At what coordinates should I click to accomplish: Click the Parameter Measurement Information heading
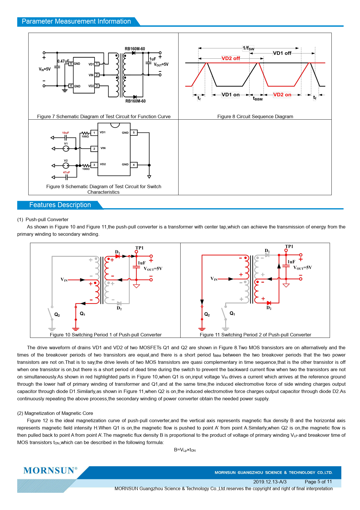(76, 21)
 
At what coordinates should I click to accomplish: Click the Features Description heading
(60, 205)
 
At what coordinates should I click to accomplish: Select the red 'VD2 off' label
(230, 58)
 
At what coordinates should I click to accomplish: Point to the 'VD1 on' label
(230, 95)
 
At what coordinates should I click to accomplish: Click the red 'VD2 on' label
(282, 95)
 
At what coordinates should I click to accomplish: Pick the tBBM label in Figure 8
(258, 99)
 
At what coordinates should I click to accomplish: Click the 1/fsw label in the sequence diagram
(248, 48)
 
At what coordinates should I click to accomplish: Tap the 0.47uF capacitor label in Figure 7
(63, 61)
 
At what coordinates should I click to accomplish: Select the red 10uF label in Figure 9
(66, 133)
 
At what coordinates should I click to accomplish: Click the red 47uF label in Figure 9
(67, 172)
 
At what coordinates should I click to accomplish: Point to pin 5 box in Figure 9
(134, 133)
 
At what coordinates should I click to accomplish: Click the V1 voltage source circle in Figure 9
(66, 149)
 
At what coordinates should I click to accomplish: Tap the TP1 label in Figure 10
(139, 248)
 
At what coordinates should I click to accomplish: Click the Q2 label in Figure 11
(207, 314)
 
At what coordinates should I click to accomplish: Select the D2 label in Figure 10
(119, 308)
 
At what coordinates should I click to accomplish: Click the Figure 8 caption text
(255, 116)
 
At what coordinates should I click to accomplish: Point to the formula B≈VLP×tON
(185, 450)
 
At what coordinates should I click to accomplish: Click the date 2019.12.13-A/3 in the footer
(270, 482)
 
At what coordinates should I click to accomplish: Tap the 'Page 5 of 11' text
(318, 482)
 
